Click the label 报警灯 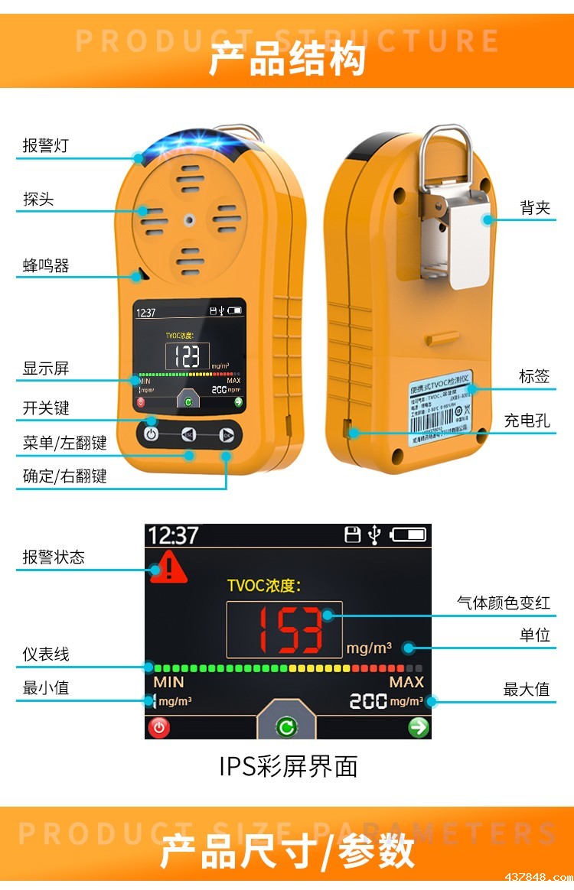coord(45,145)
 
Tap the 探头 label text coord(38,200)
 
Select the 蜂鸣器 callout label coord(46,266)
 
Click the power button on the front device coord(152,434)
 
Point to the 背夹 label coord(535,208)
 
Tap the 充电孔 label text coord(527,421)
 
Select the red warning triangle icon coord(168,568)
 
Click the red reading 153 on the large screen coord(284,629)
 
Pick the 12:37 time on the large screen coord(173,535)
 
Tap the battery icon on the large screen coord(407,535)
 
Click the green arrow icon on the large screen coord(419,727)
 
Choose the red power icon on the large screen coord(159,727)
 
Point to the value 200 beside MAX coord(367,700)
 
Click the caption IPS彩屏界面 coord(289,766)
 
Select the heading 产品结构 coord(287,60)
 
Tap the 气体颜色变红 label coord(503,603)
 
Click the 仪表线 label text coord(46,655)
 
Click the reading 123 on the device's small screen coord(188,356)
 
